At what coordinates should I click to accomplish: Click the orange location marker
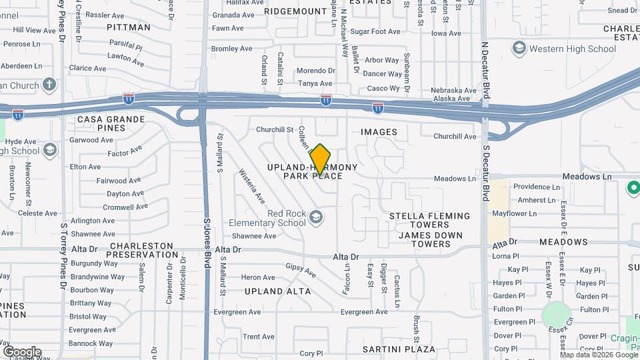click(x=320, y=159)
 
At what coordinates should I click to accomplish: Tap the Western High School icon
click(x=519, y=48)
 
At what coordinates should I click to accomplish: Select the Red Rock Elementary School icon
click(x=315, y=217)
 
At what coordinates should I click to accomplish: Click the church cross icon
click(x=49, y=85)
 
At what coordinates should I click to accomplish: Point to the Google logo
click(x=22, y=351)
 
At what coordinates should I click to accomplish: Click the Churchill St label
click(x=275, y=129)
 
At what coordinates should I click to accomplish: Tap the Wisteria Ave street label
click(x=252, y=187)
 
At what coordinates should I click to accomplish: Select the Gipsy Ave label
click(x=301, y=269)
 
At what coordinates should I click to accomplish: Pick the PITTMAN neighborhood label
click(x=129, y=27)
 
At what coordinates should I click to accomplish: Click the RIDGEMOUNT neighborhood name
click(x=295, y=11)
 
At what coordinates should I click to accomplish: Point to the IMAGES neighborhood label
click(x=379, y=132)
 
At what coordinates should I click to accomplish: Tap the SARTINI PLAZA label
click(x=399, y=349)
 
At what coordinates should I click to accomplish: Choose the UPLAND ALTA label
click(x=277, y=291)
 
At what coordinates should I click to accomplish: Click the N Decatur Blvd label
click(x=485, y=67)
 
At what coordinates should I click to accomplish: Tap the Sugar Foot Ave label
click(x=375, y=31)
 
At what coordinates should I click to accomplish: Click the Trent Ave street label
click(x=259, y=337)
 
